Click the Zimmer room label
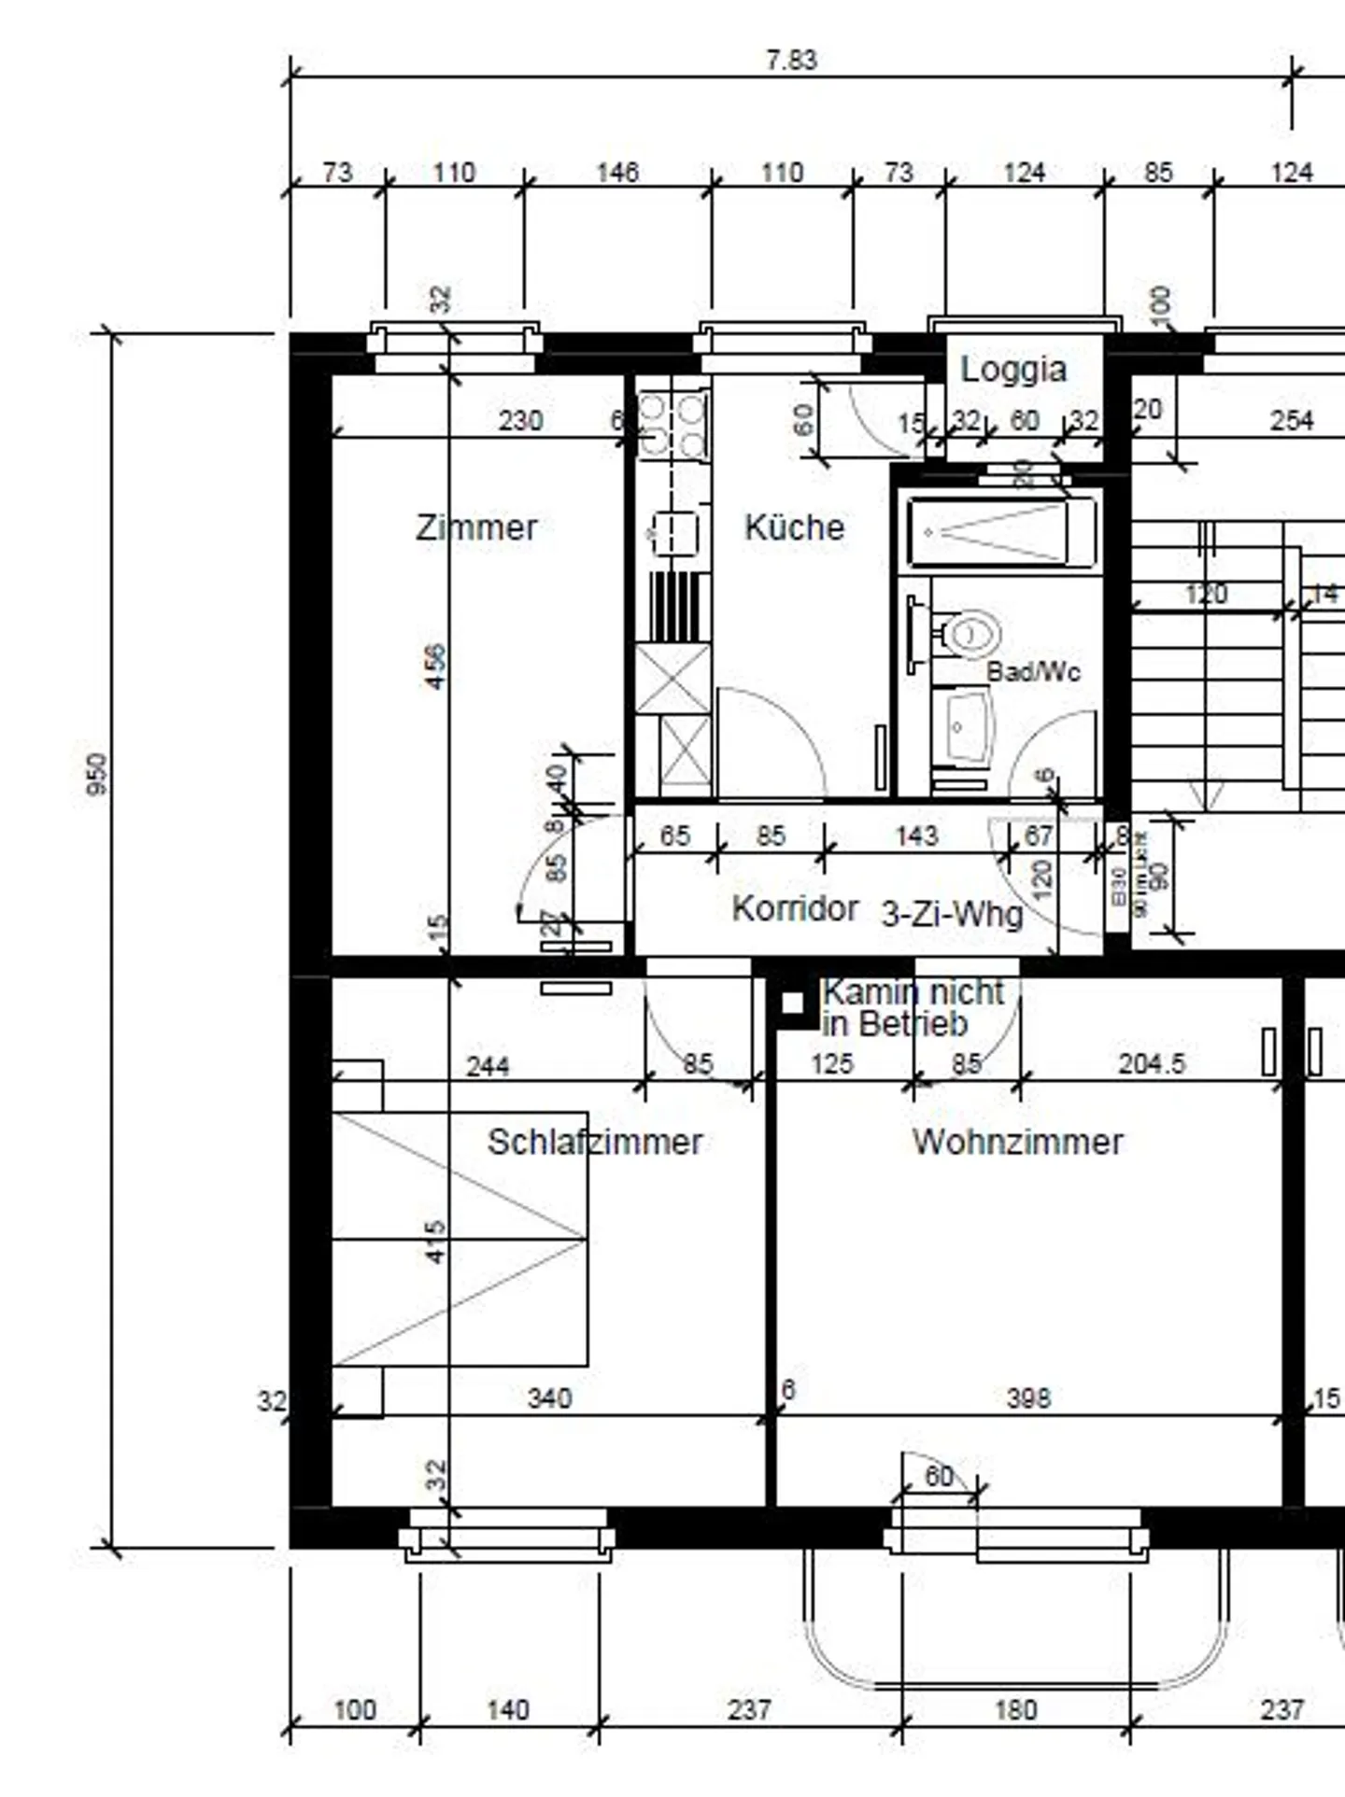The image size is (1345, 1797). (x=476, y=527)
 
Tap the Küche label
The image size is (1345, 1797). (x=794, y=527)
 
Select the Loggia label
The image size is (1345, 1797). (x=1013, y=369)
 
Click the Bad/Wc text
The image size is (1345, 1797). (x=1033, y=671)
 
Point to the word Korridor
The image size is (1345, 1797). (x=795, y=907)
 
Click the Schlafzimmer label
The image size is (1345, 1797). (x=595, y=1142)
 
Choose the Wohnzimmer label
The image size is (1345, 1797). (x=1017, y=1142)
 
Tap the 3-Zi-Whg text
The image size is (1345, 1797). (x=952, y=914)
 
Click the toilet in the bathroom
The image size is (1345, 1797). (x=970, y=635)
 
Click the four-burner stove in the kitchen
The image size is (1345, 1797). (x=672, y=425)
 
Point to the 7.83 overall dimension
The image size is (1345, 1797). (x=791, y=60)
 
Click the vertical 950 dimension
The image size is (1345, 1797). (x=96, y=774)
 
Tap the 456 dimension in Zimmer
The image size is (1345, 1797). (x=435, y=667)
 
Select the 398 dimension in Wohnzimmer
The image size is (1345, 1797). (x=1028, y=1397)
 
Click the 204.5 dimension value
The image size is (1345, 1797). (x=1151, y=1063)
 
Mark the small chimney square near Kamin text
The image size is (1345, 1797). (x=792, y=1003)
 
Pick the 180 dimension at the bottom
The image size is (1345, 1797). (x=1015, y=1710)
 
